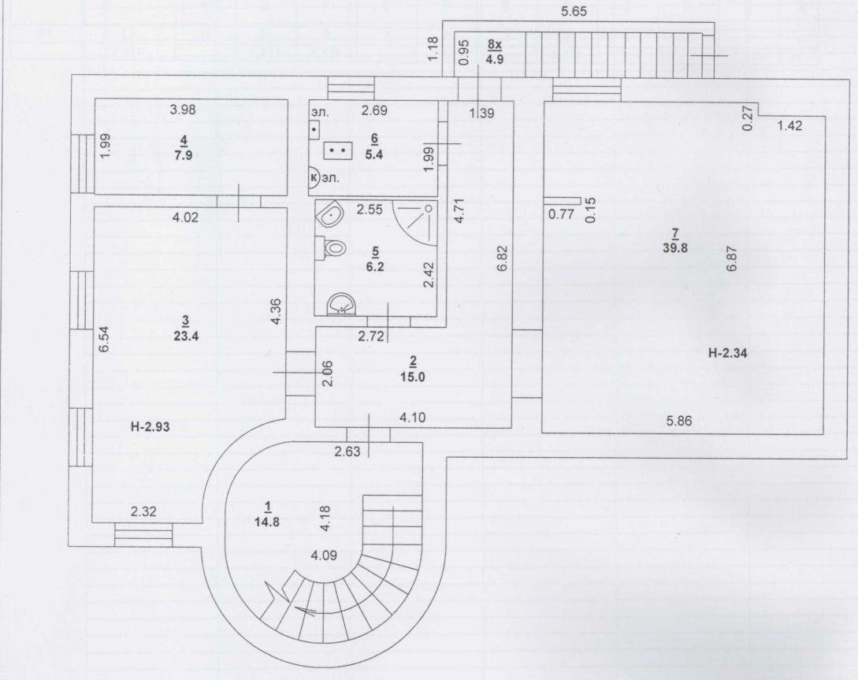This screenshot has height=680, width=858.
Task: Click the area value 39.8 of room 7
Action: coord(674,248)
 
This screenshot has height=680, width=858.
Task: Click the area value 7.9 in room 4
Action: coord(184,154)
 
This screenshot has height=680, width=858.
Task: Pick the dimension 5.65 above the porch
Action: coord(577,12)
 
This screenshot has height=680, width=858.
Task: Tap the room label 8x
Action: coord(495,45)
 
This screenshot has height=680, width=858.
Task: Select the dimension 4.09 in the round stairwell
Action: coord(325,555)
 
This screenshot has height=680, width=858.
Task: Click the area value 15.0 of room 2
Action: coord(412,376)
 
